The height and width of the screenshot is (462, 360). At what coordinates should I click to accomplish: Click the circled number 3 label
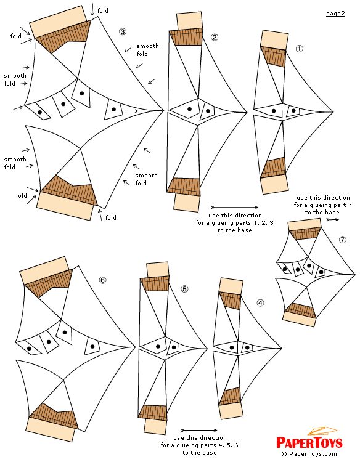[x=123, y=31]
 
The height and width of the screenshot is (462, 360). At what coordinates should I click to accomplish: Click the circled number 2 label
[x=215, y=38]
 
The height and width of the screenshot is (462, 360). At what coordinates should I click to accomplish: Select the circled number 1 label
[x=299, y=49]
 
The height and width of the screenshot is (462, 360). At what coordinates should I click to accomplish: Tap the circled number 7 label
[x=342, y=240]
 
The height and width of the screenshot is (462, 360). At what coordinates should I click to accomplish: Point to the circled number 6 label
[x=102, y=280]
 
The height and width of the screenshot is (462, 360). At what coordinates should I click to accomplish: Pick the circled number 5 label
[x=184, y=289]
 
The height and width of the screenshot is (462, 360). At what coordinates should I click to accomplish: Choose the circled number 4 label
[x=260, y=303]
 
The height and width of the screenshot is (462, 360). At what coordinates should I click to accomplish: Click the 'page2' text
[x=335, y=14]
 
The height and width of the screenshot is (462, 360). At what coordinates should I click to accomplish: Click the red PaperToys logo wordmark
[x=309, y=442]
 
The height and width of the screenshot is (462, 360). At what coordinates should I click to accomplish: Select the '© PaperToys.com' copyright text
[x=309, y=454]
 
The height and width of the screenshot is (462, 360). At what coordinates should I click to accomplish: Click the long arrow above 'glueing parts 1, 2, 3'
[x=235, y=208]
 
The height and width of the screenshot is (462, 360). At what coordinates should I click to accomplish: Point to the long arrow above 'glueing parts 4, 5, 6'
[x=199, y=430]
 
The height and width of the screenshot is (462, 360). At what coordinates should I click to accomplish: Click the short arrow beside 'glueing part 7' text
[x=333, y=219]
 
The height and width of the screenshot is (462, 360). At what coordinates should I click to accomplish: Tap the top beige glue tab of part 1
[x=274, y=40]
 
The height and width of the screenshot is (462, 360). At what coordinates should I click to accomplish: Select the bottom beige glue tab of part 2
[x=187, y=203]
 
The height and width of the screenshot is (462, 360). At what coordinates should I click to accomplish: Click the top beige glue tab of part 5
[x=158, y=270]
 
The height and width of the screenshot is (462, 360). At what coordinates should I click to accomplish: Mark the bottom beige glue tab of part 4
[x=232, y=411]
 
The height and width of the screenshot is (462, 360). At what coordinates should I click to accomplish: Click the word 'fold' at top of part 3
[x=102, y=11]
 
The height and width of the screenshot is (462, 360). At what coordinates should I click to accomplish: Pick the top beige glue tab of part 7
[x=305, y=225]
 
